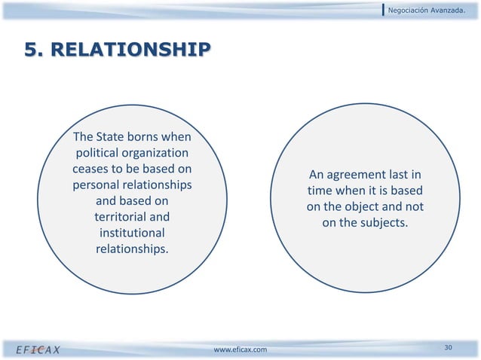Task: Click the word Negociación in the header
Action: coord(412,10)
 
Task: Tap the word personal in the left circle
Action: coord(97,185)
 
